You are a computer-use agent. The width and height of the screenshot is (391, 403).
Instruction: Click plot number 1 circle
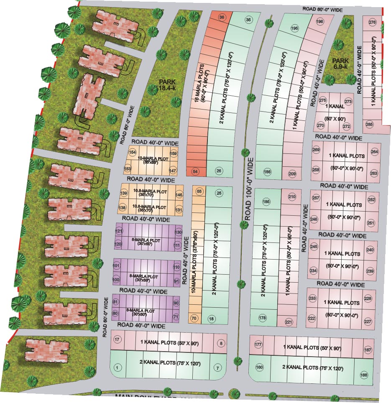pos(118,368)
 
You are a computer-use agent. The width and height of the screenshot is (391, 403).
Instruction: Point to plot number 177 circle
pos(258,344)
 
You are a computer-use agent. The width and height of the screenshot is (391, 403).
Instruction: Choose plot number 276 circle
pos(372,22)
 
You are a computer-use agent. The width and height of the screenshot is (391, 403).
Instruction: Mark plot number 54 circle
pos(195,171)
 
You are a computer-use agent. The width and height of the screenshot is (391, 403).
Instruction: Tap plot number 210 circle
pos(292,196)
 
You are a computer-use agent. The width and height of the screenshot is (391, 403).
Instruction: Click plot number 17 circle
pos(118,339)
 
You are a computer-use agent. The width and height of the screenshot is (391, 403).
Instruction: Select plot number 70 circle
pos(194,318)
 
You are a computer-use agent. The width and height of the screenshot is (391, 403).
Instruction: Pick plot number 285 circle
pos(369,124)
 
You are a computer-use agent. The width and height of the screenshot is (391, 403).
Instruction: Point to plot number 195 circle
pos(294,28)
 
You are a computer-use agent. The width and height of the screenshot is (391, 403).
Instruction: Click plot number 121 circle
pos(119,231)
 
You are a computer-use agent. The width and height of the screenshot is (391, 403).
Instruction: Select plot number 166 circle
pos(363,375)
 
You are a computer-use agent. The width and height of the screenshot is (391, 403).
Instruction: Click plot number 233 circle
pos(312,298)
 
